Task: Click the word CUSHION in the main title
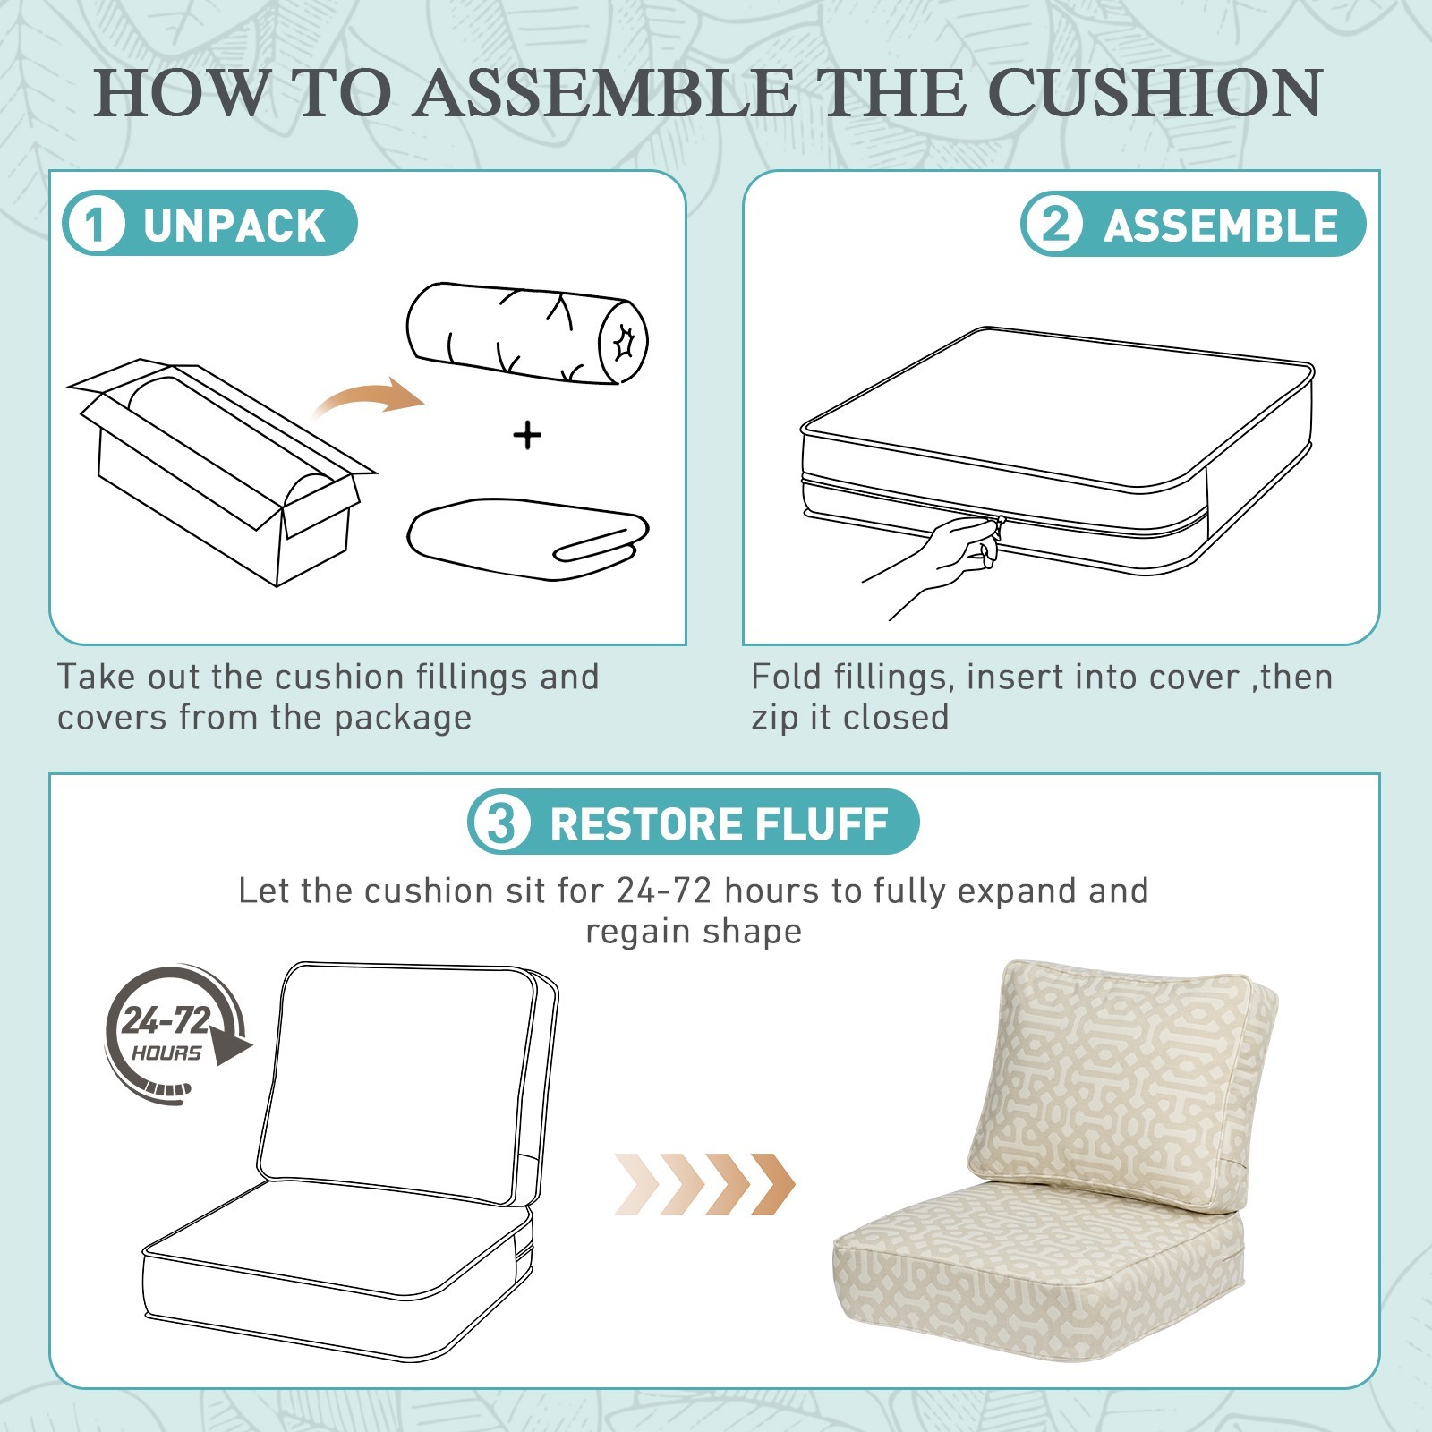(1155, 92)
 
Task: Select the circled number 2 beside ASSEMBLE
(1055, 224)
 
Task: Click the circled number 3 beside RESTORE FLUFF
(500, 823)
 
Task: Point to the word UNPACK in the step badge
(234, 226)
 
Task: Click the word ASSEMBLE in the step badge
(1221, 226)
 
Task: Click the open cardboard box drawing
(221, 472)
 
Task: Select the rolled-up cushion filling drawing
(527, 334)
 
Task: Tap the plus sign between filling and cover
(527, 436)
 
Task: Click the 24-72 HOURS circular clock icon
(176, 1035)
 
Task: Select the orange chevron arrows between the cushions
(705, 1184)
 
